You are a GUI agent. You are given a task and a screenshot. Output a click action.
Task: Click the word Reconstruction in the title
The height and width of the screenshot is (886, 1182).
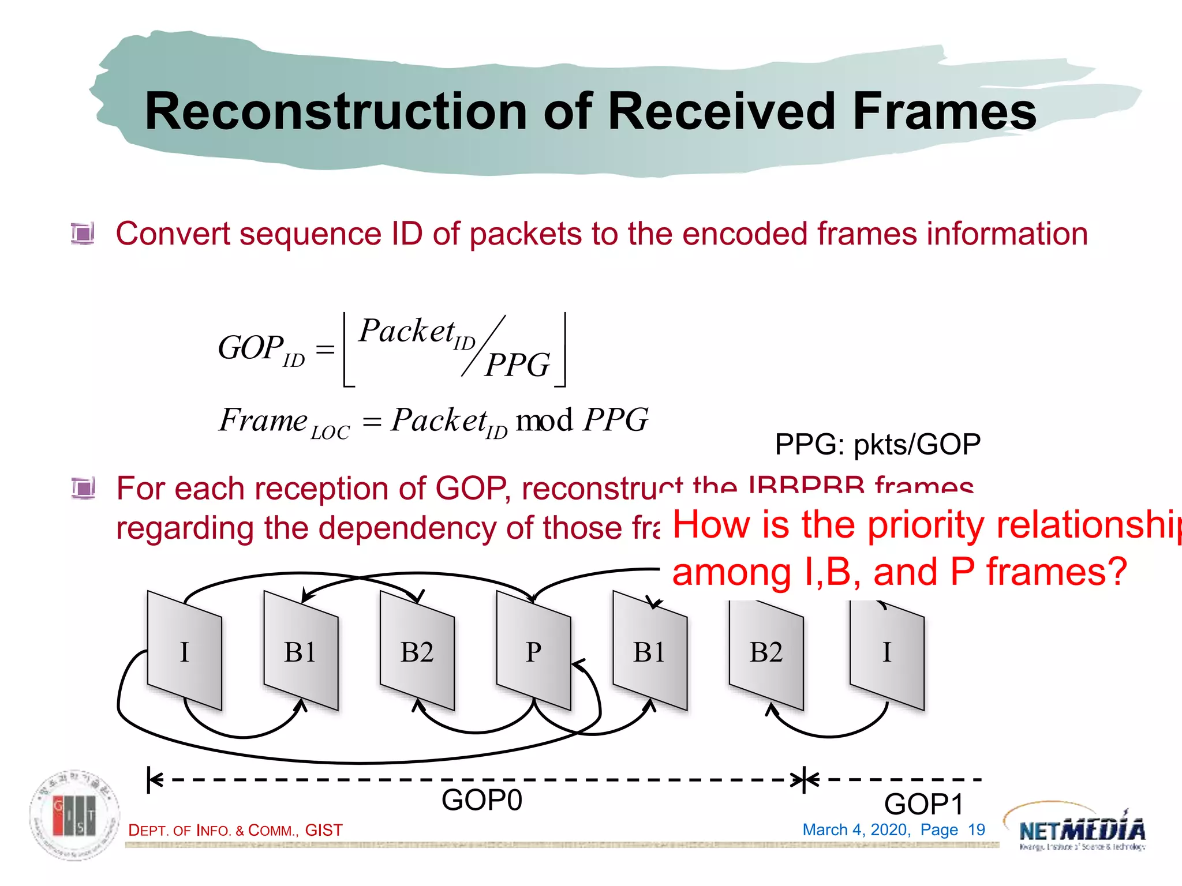[x=335, y=112]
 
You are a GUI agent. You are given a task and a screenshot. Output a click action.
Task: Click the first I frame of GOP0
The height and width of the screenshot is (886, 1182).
[x=184, y=651]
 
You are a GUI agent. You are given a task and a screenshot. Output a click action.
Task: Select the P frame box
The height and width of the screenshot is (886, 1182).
[x=533, y=651]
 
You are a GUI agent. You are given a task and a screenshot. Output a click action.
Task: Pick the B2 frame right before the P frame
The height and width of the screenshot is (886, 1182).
[x=417, y=651]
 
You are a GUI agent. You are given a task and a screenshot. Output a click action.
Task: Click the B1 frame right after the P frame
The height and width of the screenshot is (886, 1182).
[x=650, y=651]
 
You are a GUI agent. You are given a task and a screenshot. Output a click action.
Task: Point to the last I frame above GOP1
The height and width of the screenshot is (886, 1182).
[x=886, y=652]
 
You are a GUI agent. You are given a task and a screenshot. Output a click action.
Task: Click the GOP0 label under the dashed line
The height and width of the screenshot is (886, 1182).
[x=481, y=800]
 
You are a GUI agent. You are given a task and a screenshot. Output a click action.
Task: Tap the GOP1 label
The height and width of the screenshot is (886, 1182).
[x=923, y=804]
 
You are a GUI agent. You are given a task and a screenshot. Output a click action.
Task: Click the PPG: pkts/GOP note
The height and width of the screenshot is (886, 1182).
[x=877, y=445]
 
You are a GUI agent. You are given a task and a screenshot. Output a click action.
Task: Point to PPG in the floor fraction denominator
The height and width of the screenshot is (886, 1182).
[x=518, y=365]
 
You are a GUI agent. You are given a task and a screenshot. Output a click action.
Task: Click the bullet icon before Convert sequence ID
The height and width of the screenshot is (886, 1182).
[x=83, y=234]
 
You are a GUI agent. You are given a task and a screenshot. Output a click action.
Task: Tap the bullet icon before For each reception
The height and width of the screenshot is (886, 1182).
[x=83, y=489]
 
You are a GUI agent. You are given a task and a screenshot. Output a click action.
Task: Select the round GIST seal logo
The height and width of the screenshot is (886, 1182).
[x=75, y=816]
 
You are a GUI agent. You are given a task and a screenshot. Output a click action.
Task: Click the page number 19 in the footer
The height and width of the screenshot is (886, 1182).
[x=976, y=830]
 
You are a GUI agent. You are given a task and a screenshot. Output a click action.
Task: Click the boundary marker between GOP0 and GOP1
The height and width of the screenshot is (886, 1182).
[x=805, y=780]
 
